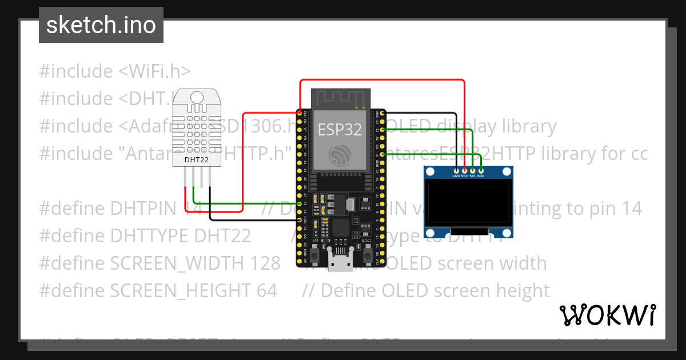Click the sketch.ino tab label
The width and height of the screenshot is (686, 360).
pyautogui.click(x=101, y=25)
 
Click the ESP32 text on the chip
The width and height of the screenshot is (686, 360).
pyautogui.click(x=340, y=129)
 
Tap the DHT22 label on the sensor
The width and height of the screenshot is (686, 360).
pyautogui.click(x=196, y=159)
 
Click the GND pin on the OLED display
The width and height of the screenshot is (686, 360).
pyautogui.click(x=456, y=170)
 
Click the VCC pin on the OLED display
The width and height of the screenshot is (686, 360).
pyautogui.click(x=464, y=170)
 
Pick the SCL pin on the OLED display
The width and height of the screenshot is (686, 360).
pyautogui.click(x=473, y=170)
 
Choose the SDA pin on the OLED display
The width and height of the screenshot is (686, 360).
pyautogui.click(x=481, y=170)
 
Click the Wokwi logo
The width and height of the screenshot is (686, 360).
pyautogui.click(x=607, y=315)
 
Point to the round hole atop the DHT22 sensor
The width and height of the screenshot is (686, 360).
pyautogui.click(x=197, y=95)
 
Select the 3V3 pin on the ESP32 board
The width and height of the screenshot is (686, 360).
pyautogui.click(x=300, y=113)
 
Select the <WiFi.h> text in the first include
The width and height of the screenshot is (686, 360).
pyautogui.click(x=154, y=71)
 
